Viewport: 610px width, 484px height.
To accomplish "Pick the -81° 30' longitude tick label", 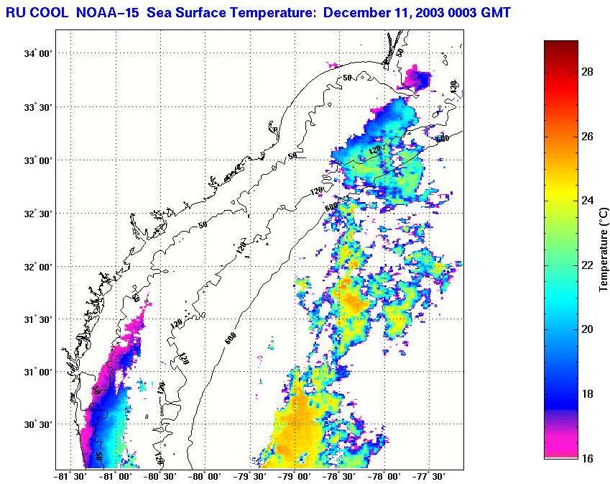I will click(70, 475).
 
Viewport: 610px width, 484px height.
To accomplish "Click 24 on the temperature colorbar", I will click(586, 201).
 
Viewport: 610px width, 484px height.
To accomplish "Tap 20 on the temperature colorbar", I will click(586, 329).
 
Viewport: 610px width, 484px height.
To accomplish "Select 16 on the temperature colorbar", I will click(586, 458).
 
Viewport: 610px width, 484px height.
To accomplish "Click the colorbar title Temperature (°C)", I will click(604, 250).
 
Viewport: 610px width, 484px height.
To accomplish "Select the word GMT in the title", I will click(496, 12).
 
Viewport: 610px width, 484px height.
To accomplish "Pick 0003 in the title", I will click(463, 12).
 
